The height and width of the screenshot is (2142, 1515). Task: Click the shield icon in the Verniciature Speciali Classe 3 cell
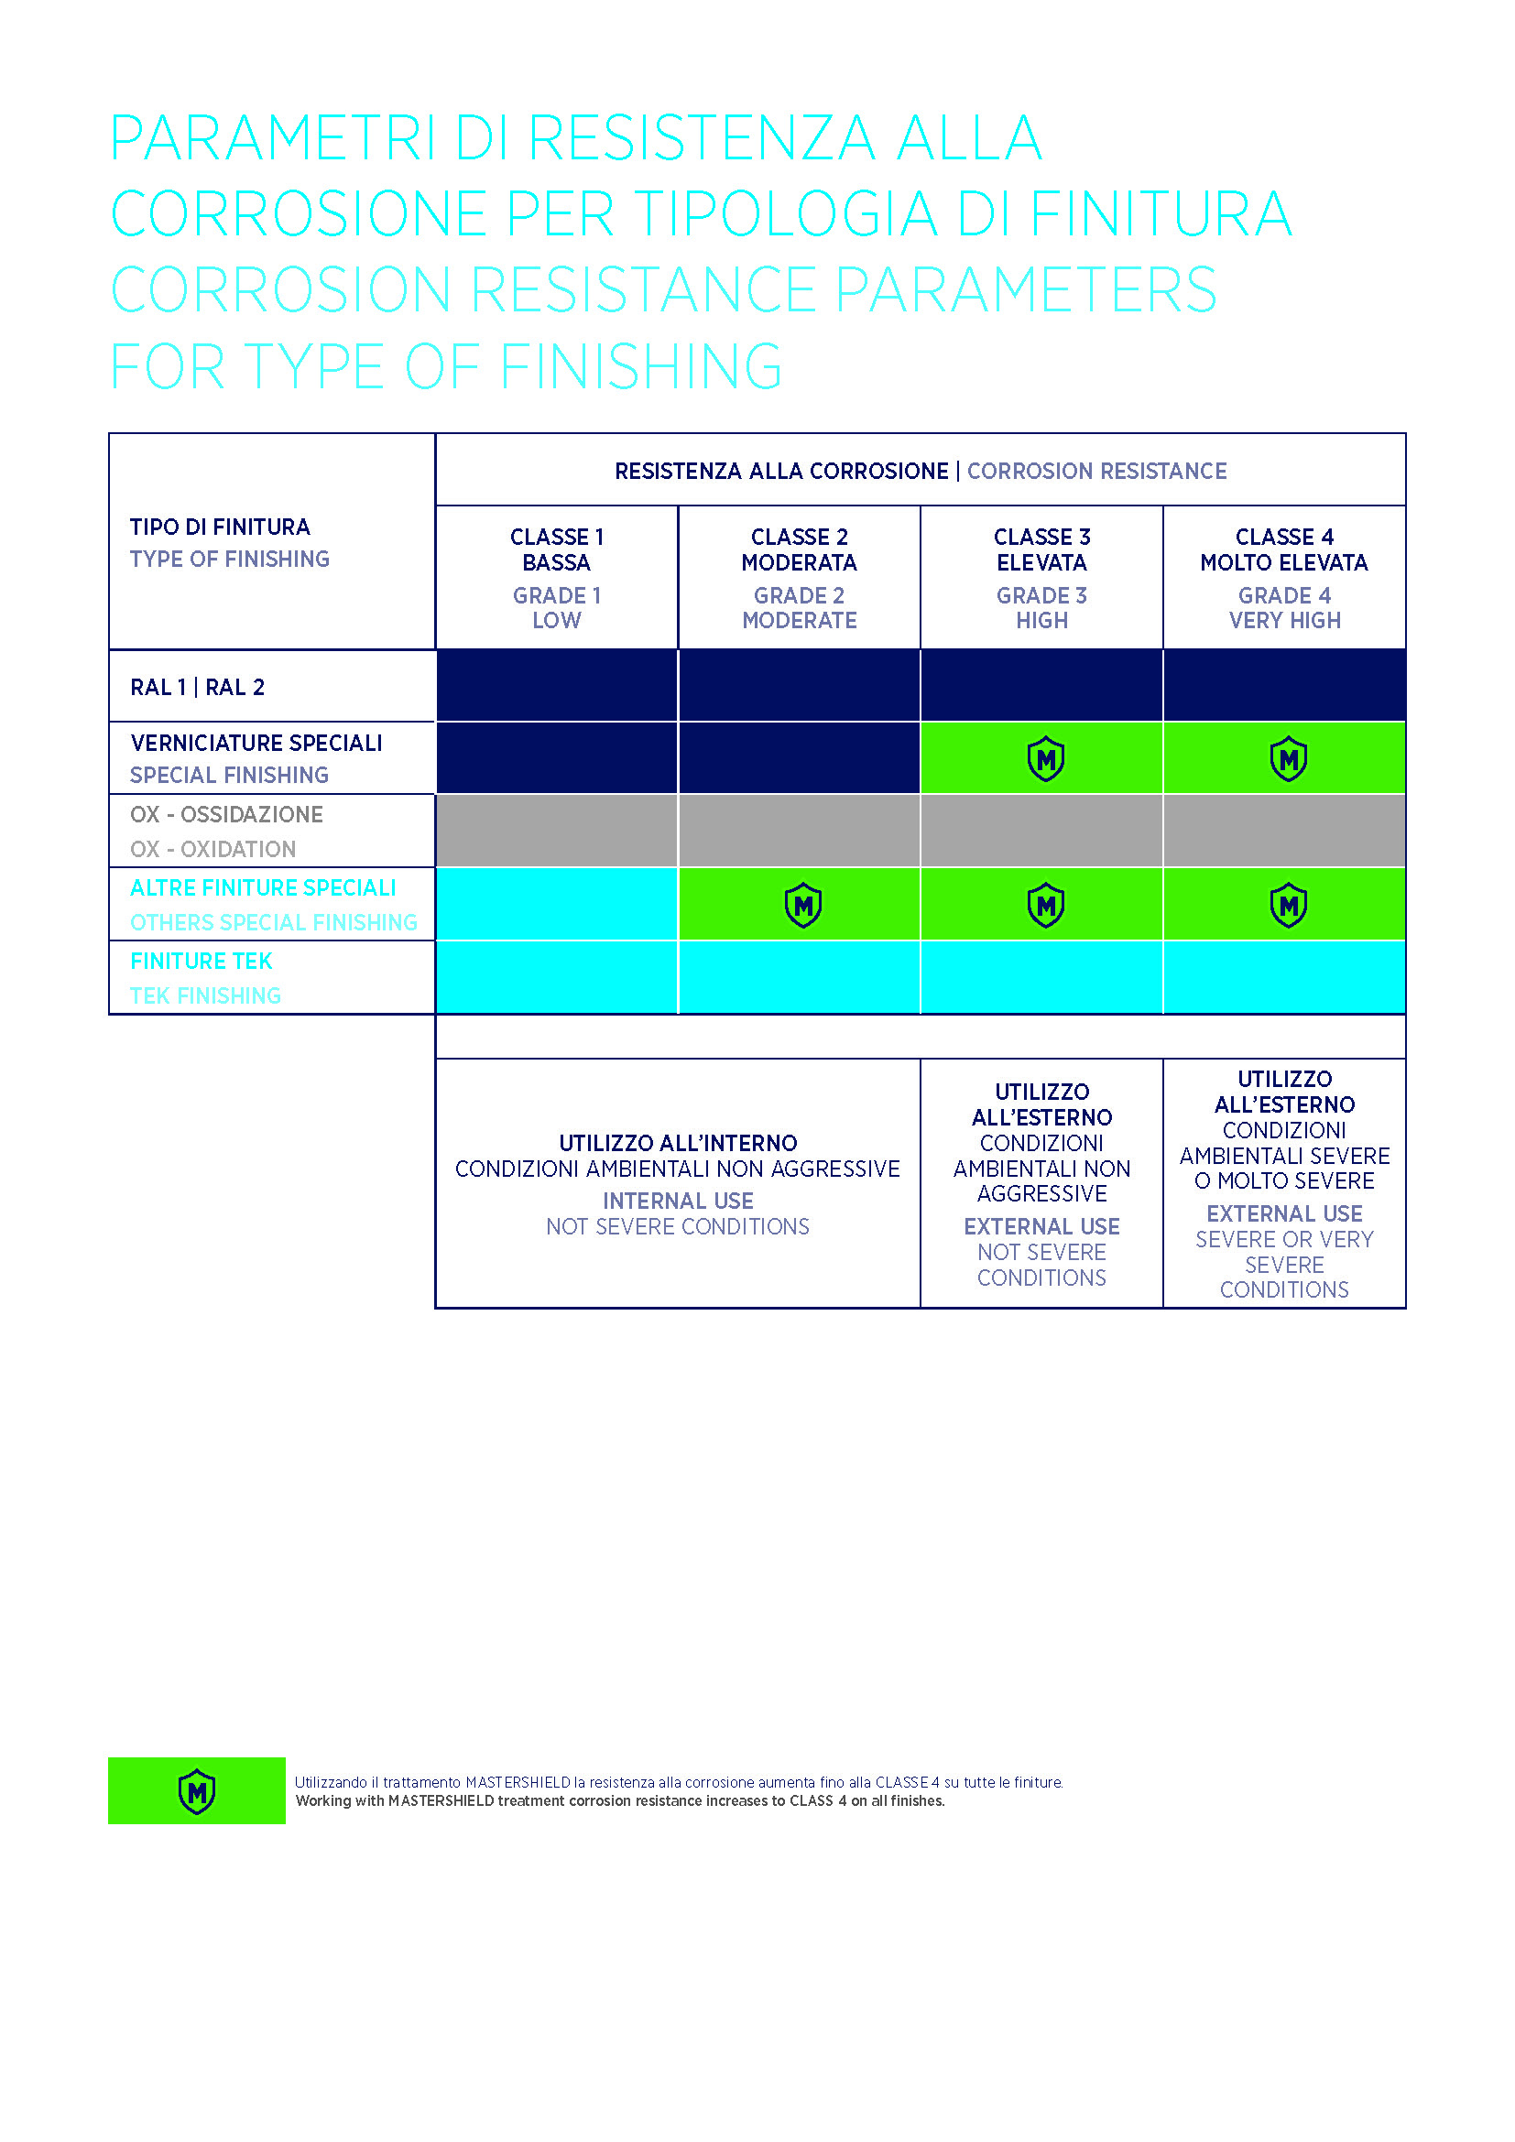1045,759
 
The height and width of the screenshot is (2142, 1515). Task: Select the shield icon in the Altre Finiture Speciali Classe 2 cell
802,905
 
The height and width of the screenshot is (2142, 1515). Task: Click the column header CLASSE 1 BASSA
556,549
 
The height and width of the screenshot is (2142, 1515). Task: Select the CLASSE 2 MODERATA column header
799,549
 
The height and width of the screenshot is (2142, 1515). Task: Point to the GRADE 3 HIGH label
1041,607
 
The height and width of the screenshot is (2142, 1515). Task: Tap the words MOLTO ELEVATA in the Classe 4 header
1283,562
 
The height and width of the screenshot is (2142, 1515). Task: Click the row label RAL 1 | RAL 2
198,688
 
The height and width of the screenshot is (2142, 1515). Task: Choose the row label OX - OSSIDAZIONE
226,814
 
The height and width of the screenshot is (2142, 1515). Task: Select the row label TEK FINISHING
205,995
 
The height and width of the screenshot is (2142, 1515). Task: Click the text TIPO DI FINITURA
220,527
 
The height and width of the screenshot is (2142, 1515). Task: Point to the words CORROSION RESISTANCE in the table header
1096,471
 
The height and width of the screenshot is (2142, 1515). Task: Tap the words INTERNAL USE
677,1201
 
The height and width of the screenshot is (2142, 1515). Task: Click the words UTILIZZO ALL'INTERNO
677,1143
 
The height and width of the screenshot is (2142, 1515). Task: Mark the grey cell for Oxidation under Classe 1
556,831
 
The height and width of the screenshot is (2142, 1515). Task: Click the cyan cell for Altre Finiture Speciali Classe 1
556,904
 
